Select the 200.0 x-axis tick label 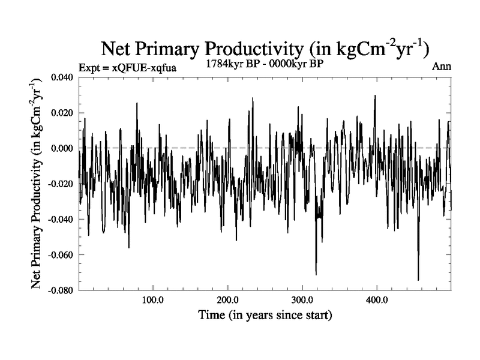pos(227,299)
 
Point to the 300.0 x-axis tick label pos(302,299)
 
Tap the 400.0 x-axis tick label pos(376,299)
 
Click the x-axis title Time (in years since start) pos(265,314)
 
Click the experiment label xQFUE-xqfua pos(127,68)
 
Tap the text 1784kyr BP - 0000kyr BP pos(265,63)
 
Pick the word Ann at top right pos(442,66)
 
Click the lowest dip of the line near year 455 pos(418,280)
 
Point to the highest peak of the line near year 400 pos(375,95)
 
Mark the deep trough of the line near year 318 pos(316,274)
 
